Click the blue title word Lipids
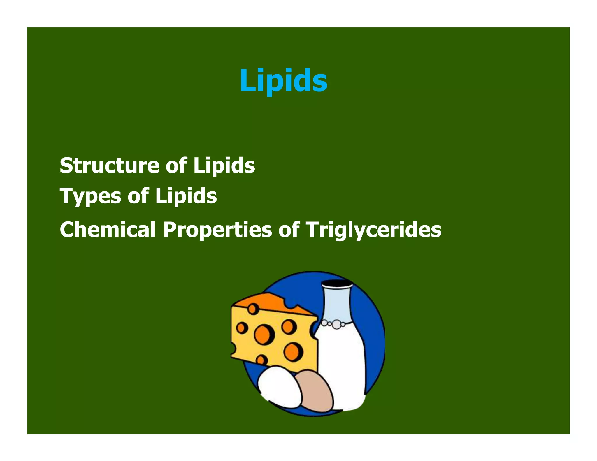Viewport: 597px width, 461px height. pos(283,80)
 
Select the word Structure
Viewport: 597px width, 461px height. pos(110,166)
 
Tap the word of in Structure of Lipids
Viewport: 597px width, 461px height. pos(176,166)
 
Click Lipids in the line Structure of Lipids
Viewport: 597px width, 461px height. pos(224,166)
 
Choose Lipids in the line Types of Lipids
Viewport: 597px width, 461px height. pos(186,196)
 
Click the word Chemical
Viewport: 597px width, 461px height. pos(108,230)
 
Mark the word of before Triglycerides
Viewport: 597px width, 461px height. pos(289,230)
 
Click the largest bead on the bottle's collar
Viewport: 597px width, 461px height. pos(337,324)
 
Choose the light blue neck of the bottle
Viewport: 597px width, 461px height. pos(337,303)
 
